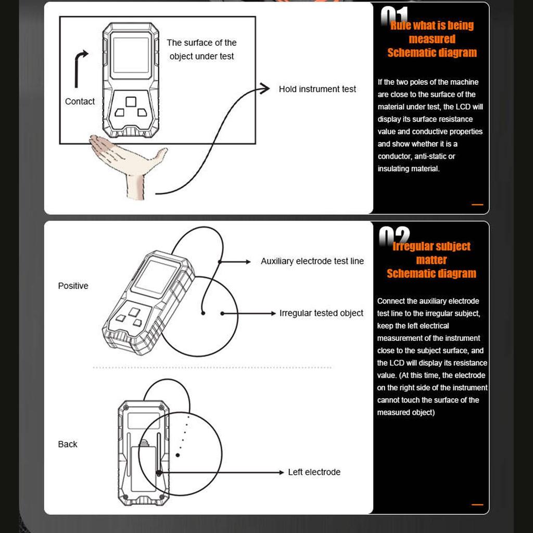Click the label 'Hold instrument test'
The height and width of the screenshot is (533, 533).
pos(317,89)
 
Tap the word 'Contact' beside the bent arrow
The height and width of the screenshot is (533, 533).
pos(80,101)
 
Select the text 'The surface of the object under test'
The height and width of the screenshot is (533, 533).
pos(201,49)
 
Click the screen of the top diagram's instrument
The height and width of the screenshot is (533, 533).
pos(131,55)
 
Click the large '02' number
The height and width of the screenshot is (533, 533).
pos(394,237)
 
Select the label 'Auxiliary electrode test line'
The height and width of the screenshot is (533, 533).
pos(312,261)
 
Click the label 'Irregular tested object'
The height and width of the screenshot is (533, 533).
pos(321,313)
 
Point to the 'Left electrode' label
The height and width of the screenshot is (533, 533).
pos(314,472)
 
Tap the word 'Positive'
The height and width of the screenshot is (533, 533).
pos(73,286)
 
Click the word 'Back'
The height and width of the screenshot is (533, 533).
pos(68,444)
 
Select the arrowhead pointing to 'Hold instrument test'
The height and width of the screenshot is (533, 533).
pos(266,88)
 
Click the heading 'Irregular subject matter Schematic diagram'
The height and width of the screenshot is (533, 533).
pos(431,260)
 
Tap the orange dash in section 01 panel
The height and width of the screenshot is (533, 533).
pos(477,205)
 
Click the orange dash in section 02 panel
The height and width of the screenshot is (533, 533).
pos(477,504)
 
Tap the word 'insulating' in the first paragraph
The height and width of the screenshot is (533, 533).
pos(394,169)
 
